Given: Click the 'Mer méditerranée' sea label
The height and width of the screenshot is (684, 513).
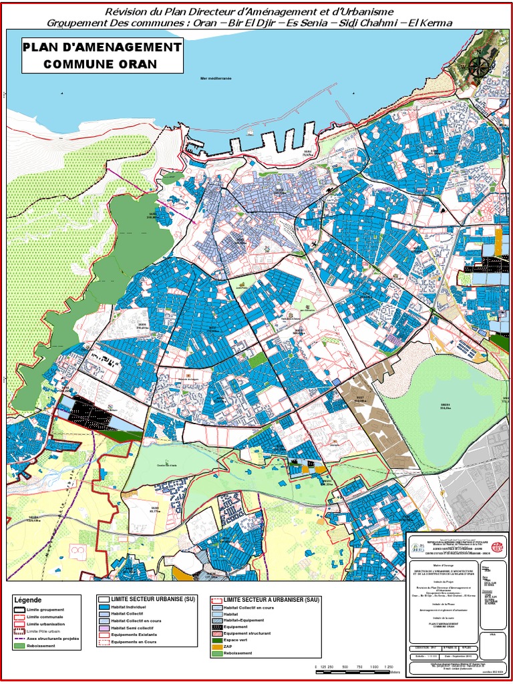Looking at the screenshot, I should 215,78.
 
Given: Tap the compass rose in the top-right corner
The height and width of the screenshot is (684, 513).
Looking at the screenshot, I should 478,65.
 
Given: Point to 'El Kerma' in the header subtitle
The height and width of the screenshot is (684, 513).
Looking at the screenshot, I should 432,23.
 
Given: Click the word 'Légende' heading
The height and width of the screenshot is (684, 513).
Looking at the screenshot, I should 27,600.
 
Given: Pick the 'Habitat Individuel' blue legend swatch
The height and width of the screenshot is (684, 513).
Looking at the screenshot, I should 104,607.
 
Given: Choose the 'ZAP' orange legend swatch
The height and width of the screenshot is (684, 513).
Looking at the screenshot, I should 216,646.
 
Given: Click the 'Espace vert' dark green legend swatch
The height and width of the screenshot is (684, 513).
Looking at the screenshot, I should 216,639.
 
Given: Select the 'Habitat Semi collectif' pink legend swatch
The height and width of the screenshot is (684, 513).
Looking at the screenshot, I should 104,628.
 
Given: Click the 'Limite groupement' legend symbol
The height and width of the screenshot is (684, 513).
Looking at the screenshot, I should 19,610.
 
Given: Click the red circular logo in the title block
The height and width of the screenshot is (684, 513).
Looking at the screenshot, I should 496,547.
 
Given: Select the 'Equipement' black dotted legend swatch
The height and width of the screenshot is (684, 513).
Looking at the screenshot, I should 216,627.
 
